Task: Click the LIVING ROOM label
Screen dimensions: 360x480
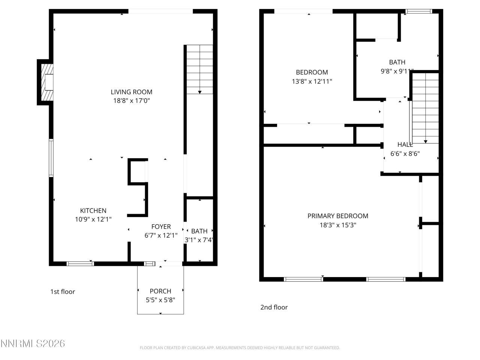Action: pyautogui.click(x=131, y=92)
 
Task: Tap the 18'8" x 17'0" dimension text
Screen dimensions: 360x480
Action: pyautogui.click(x=131, y=100)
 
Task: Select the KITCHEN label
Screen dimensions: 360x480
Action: pyautogui.click(x=93, y=211)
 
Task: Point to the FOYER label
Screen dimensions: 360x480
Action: pyautogui.click(x=161, y=226)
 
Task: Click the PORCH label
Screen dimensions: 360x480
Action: pyautogui.click(x=160, y=291)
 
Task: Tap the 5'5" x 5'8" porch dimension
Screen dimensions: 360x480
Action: pyautogui.click(x=160, y=300)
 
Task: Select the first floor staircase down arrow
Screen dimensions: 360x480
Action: pyautogui.click(x=199, y=91)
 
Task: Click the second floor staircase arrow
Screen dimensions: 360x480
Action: pyautogui.click(x=426, y=141)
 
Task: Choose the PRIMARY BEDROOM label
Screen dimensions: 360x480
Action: pyautogui.click(x=337, y=216)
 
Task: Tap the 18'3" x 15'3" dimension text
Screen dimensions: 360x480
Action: pyautogui.click(x=337, y=225)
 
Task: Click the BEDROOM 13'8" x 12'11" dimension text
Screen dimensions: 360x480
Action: pyautogui.click(x=312, y=81)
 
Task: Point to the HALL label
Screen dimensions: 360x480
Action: pyautogui.click(x=405, y=144)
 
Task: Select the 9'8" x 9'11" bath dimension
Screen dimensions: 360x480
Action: pyautogui.click(x=397, y=71)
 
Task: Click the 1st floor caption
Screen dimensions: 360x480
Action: pyautogui.click(x=63, y=292)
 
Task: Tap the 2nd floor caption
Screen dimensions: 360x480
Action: pyautogui.click(x=274, y=307)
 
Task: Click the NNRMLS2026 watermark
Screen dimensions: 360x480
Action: pyautogui.click(x=33, y=343)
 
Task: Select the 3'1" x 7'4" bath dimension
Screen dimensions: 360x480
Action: pyautogui.click(x=199, y=240)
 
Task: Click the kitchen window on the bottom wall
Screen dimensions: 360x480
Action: pyautogui.click(x=80, y=264)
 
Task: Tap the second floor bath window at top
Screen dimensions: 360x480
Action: pyautogui.click(x=419, y=11)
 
